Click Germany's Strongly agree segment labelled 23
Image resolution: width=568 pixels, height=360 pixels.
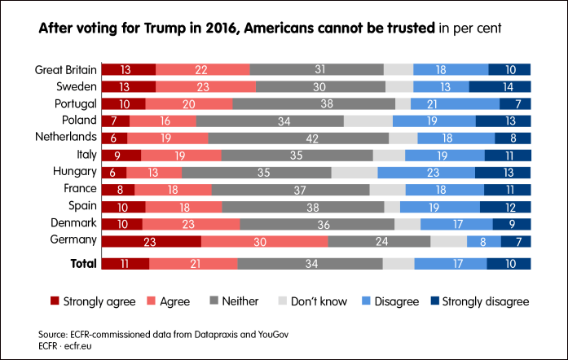150,241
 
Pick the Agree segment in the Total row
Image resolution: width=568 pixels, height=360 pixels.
193,263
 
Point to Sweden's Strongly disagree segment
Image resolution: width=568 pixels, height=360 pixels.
500,86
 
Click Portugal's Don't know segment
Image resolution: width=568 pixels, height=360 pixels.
403,103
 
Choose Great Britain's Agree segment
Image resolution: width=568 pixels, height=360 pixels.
202,69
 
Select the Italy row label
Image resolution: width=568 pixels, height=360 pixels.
84,155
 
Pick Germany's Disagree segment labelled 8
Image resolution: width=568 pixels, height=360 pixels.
483,241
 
